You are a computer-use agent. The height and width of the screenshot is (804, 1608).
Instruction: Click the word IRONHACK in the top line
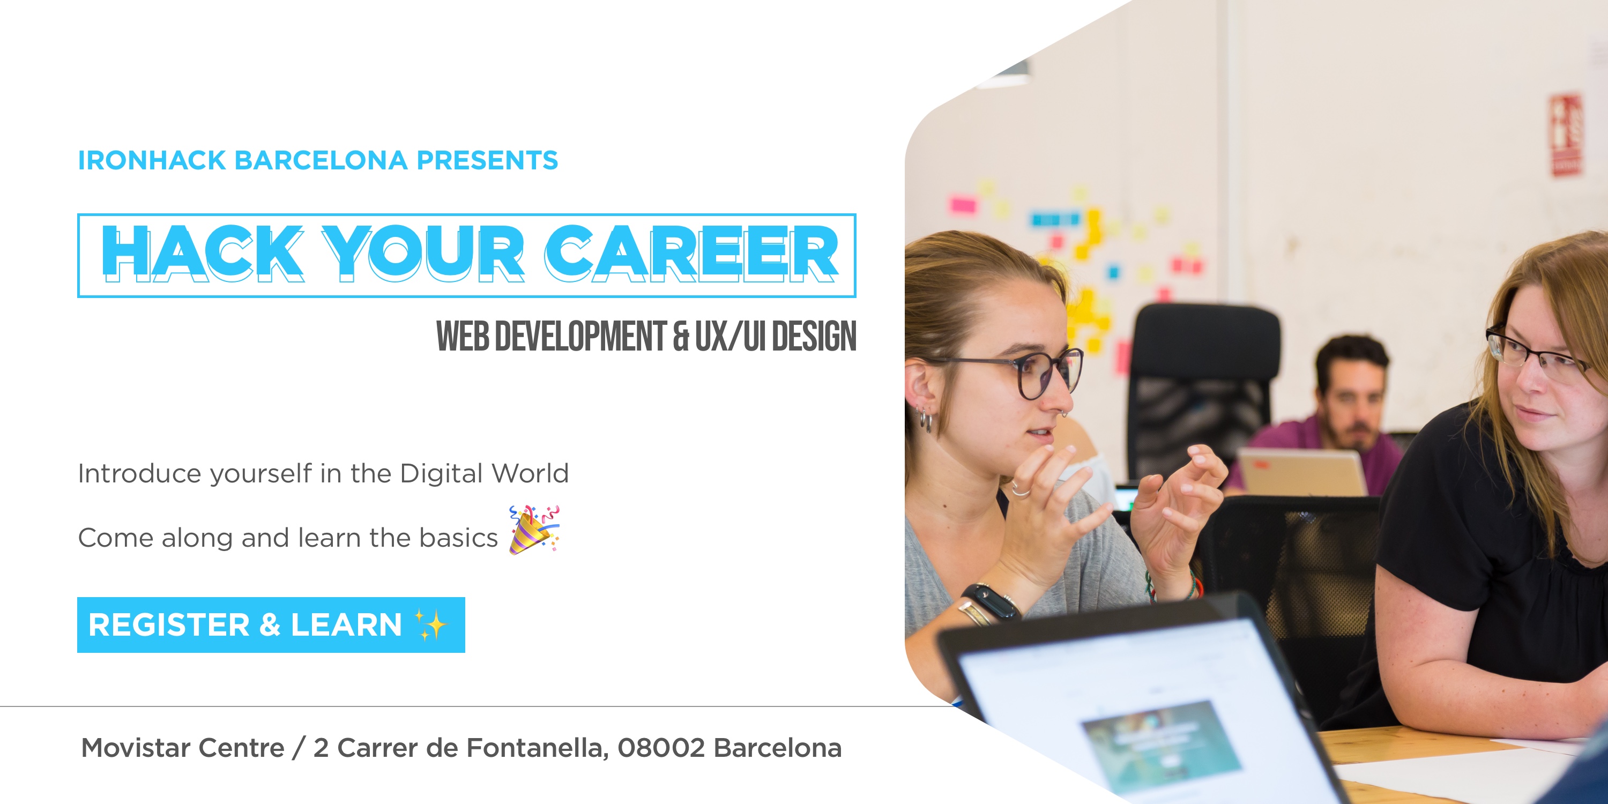[x=152, y=160]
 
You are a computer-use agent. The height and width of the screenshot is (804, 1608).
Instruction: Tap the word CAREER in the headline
[x=691, y=253]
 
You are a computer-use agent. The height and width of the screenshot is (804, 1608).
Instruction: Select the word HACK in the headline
[x=202, y=253]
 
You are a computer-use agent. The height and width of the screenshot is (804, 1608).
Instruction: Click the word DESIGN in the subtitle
[x=814, y=336]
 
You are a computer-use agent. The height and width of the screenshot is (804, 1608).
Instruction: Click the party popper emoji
[x=534, y=530]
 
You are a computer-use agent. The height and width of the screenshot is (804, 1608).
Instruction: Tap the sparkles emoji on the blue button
[x=431, y=625]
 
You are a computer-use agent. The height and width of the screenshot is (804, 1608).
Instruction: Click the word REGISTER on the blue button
[x=169, y=625]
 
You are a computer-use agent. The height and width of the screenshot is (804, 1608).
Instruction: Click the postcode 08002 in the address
[x=661, y=748]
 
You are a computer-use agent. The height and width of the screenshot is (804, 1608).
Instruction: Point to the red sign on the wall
[x=1567, y=135]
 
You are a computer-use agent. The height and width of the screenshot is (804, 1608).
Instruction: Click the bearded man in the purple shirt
[x=1330, y=412]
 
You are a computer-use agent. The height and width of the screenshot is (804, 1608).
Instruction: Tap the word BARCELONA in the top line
[x=321, y=160]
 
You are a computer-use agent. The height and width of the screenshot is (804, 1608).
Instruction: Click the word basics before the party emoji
[x=458, y=538]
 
